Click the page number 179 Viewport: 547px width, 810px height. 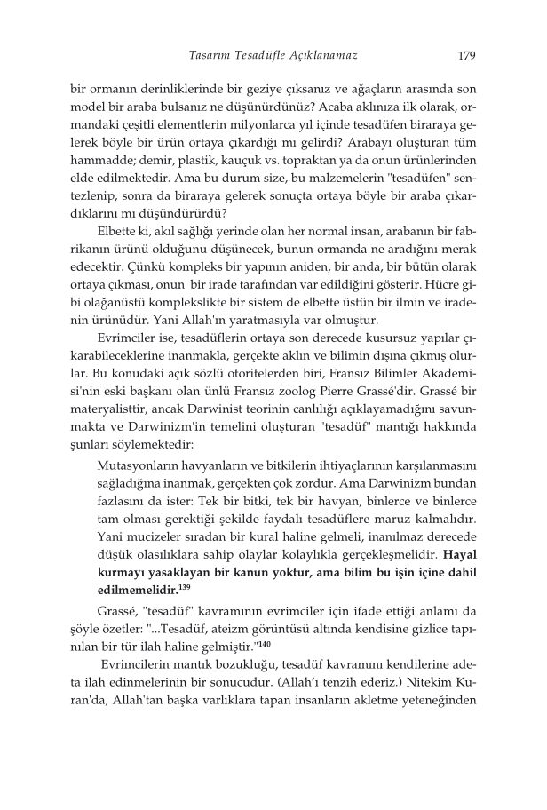point(466,55)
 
